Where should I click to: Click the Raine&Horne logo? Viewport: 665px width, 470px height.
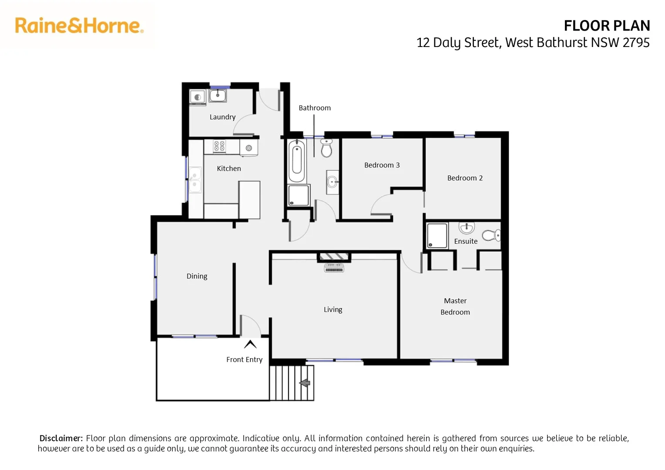[79, 26]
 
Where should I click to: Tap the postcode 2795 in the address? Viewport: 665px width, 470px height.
[636, 43]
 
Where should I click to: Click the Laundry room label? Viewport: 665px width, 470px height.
[222, 117]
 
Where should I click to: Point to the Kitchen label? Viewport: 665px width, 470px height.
[229, 168]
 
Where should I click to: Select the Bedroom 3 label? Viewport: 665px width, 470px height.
[382, 165]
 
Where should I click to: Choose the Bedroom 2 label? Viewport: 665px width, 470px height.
[465, 178]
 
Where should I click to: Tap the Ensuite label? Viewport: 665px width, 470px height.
[466, 241]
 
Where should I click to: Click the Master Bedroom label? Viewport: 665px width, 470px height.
[455, 306]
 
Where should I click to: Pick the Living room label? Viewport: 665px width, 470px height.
[333, 309]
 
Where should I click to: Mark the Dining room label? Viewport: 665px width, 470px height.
[197, 276]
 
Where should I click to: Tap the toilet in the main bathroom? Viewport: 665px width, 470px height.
[326, 148]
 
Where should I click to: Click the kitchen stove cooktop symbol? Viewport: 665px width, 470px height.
[219, 146]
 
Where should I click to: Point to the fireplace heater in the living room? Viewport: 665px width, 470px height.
[334, 267]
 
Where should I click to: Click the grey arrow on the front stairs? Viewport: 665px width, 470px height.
[305, 383]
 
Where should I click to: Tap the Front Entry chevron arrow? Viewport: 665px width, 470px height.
[250, 345]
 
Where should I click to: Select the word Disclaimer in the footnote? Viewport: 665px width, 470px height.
[61, 438]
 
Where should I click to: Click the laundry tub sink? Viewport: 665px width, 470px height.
[218, 95]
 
